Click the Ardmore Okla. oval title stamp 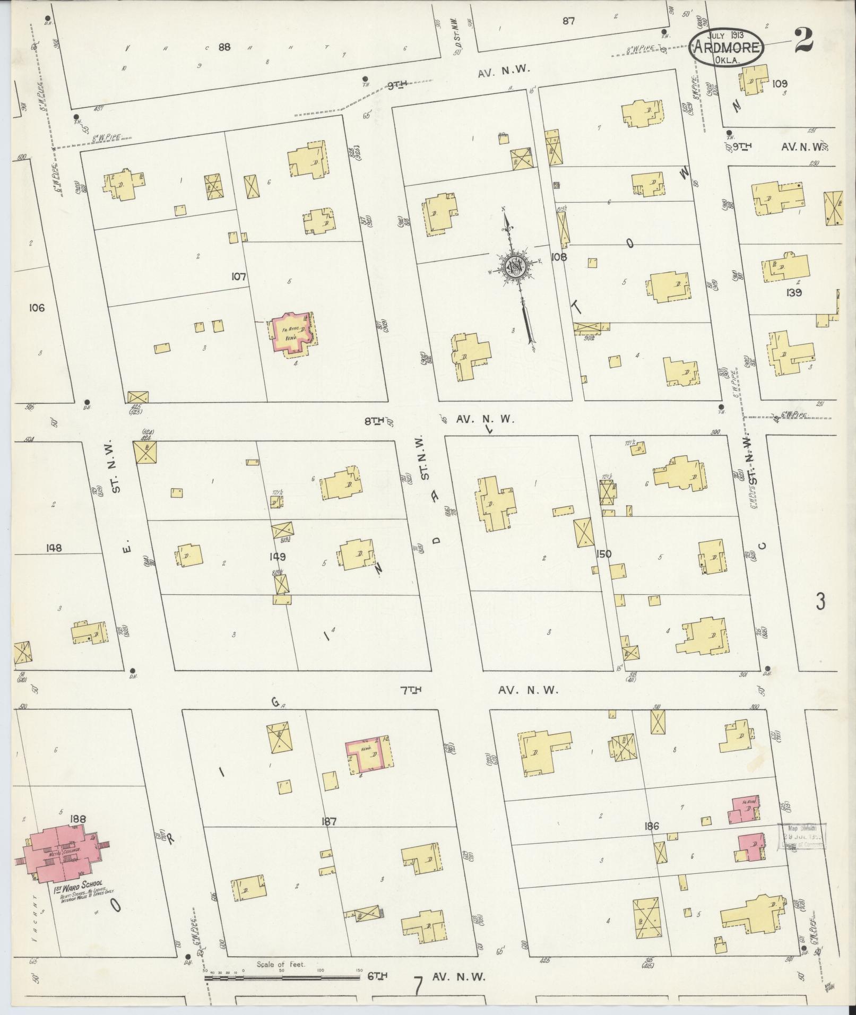click(727, 47)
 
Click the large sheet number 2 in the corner click(804, 40)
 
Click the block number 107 click(239, 276)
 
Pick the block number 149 click(277, 557)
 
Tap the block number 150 click(603, 554)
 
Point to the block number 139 click(794, 292)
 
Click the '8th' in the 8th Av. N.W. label click(374, 421)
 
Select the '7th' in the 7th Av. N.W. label click(411, 690)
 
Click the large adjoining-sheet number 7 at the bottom click(419, 986)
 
